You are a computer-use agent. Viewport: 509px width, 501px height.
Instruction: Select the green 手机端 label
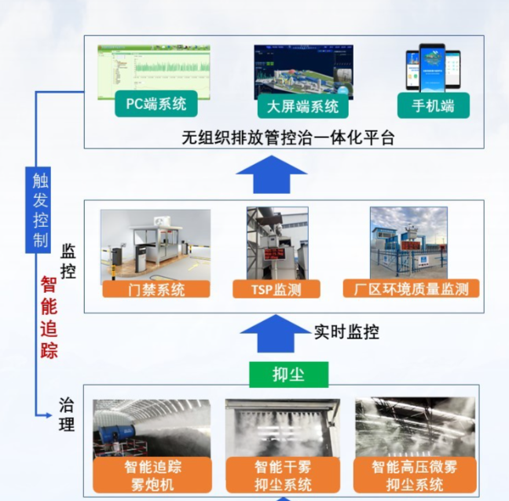432,104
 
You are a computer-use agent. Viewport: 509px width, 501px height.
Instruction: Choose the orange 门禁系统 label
156,289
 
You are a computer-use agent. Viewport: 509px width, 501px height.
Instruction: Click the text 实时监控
346,332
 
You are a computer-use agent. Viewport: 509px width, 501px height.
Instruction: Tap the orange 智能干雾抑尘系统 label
283,475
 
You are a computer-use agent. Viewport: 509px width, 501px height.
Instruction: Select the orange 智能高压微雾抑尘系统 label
414,475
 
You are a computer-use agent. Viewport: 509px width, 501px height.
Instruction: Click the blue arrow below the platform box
272,174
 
